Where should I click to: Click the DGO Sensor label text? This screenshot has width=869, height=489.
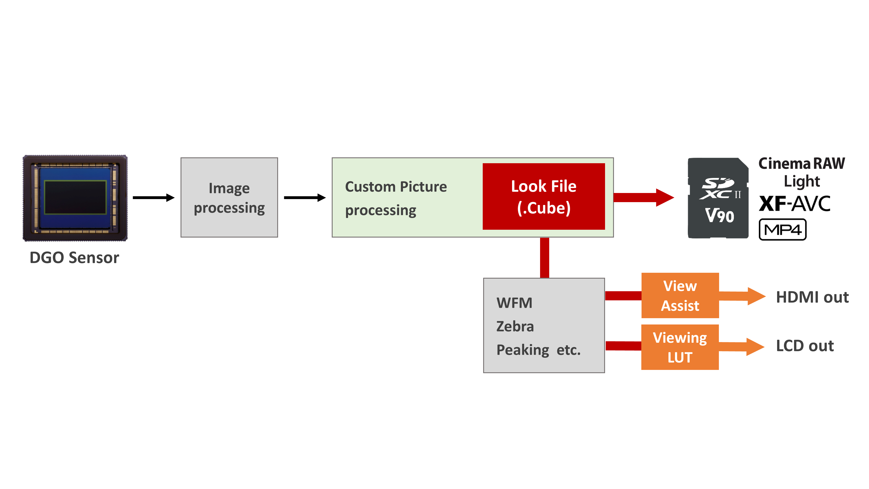(x=74, y=258)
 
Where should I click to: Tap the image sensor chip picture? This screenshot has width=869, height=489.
(x=75, y=198)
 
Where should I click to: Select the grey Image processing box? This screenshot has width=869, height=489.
(x=229, y=197)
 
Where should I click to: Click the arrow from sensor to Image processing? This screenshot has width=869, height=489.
(x=154, y=197)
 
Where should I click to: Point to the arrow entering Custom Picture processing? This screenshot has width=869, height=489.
(x=305, y=197)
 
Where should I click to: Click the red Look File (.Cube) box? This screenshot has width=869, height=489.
(x=544, y=197)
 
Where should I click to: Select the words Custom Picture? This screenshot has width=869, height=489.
(x=396, y=187)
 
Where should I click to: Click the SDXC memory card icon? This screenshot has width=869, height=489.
(x=718, y=198)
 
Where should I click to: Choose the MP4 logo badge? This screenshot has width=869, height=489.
(x=782, y=230)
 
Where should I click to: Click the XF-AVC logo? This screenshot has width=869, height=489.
(x=794, y=204)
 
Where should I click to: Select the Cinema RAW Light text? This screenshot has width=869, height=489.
(x=801, y=172)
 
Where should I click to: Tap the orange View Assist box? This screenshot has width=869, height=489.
(x=680, y=296)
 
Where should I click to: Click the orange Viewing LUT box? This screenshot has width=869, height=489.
(x=680, y=347)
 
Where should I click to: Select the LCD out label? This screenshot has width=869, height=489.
(x=804, y=346)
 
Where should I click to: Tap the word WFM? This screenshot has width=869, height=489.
(x=514, y=303)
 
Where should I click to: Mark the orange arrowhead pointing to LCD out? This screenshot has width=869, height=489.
(x=755, y=347)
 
